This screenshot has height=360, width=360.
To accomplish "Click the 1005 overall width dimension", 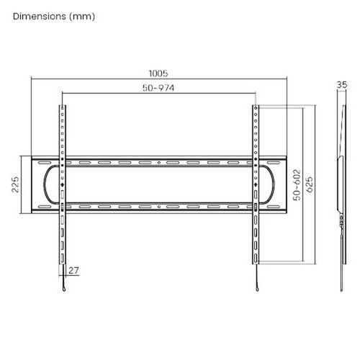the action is (158, 73).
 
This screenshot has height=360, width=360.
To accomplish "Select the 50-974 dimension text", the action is (158, 88).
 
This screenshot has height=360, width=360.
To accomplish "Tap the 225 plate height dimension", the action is (15, 184).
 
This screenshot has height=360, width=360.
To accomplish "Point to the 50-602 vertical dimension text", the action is (297, 185).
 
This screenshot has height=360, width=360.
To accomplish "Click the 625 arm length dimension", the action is (310, 184).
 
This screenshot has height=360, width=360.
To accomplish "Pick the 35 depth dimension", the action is (342, 85).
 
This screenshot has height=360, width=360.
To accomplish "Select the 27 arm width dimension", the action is (73, 271).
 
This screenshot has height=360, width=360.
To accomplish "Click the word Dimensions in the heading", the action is (40, 17).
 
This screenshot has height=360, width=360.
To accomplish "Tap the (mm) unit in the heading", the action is (82, 17).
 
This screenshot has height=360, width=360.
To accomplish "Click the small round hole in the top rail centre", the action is (159, 163).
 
